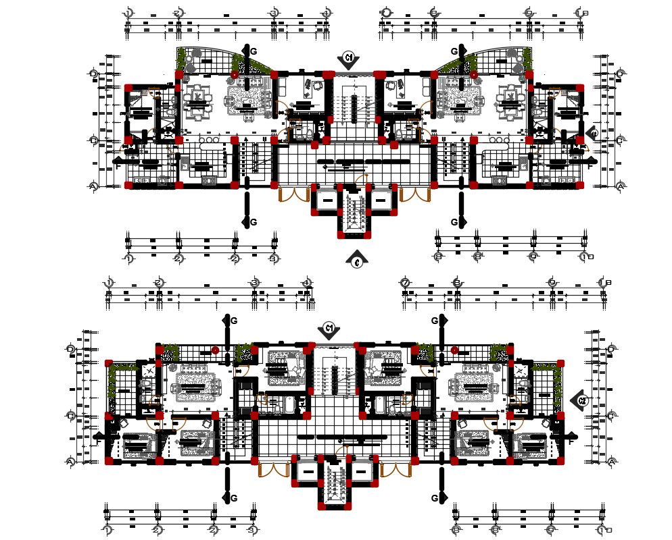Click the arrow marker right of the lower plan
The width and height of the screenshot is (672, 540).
(x=581, y=400)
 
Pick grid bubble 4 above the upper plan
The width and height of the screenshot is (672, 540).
(x=326, y=13)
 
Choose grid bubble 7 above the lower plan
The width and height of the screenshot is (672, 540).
(x=405, y=282)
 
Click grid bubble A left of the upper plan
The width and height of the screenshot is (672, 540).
(x=94, y=186)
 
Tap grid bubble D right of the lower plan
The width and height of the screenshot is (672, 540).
(x=611, y=349)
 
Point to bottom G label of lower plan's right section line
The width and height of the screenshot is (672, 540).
(x=435, y=498)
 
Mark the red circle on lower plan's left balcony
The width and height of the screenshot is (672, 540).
(x=215, y=350)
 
